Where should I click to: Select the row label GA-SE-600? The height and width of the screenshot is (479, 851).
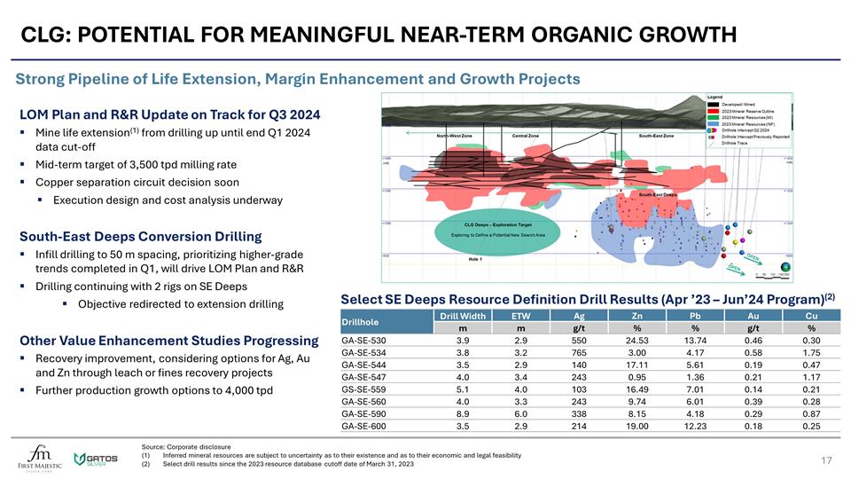363,426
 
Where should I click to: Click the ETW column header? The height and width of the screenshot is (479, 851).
521,315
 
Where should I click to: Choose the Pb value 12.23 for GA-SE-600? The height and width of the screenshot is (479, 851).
694,426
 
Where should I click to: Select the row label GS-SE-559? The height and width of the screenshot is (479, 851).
363,389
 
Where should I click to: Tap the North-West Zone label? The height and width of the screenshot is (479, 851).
454,136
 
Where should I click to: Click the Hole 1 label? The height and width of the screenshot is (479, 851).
476,260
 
